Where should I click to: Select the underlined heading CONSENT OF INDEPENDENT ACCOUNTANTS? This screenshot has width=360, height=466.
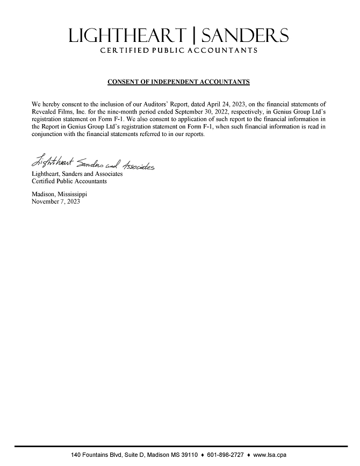tap(178, 82)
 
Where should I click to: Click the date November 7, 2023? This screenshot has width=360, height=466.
tap(56, 201)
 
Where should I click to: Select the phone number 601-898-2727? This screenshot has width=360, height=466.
tap(225, 455)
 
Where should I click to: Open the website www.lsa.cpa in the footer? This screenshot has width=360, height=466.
tap(270, 455)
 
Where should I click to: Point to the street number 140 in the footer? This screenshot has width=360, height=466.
tap(76, 455)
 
